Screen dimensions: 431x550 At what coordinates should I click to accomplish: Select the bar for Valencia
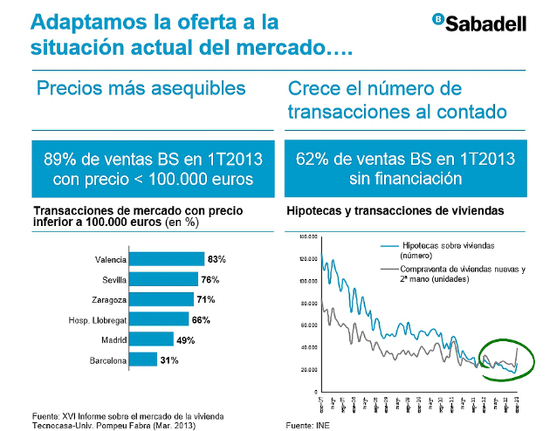(167, 259)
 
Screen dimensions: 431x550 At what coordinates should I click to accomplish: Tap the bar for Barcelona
(143, 359)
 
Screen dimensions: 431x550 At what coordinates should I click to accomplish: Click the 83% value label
(217, 259)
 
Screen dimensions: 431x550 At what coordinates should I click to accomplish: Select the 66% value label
(201, 319)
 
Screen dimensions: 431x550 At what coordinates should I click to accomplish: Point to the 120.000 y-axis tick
(306, 259)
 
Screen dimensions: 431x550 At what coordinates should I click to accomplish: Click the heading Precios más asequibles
(141, 89)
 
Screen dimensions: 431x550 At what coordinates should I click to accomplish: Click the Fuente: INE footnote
(308, 424)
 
